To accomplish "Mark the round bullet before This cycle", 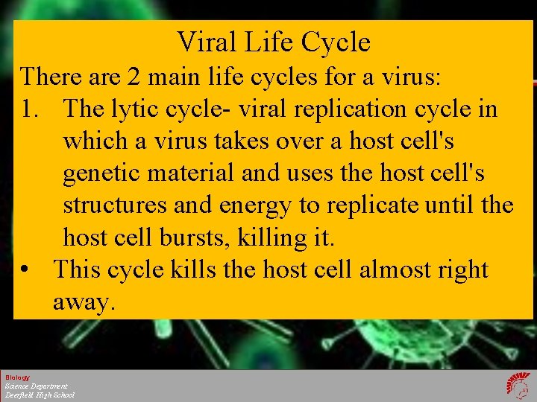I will [26, 269].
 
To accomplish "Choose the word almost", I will [398, 269].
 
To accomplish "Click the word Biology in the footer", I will [16, 377].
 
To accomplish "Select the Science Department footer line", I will [36, 386].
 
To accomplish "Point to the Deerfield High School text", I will [40, 395].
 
